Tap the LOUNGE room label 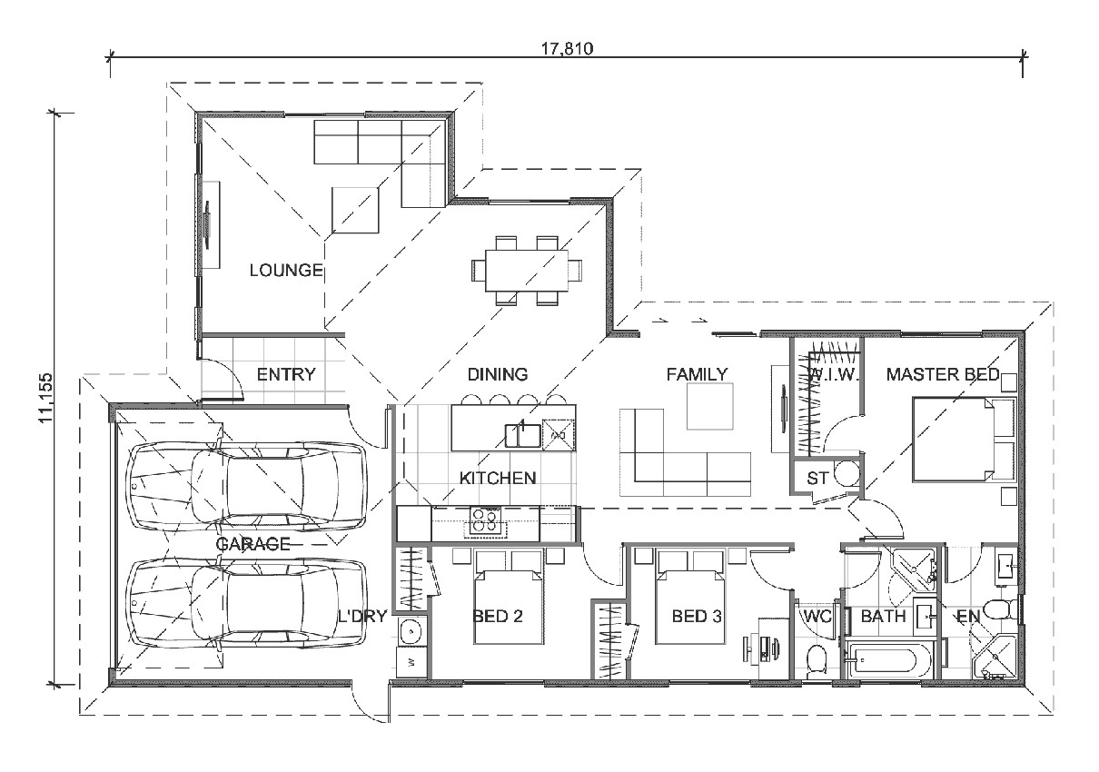pos(286,270)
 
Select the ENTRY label pos(286,374)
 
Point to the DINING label pos(497,374)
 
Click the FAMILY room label pos(697,374)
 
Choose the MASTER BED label pos(943,374)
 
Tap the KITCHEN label pos(497,478)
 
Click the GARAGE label pos(252,544)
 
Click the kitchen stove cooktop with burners pos(485,520)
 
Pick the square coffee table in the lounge pos(355,209)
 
